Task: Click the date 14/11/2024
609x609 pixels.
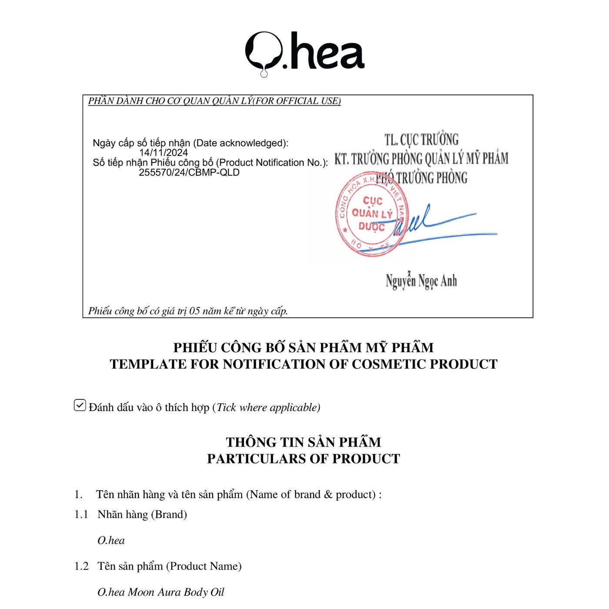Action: click(x=164, y=153)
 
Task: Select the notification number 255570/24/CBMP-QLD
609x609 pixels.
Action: click(x=189, y=172)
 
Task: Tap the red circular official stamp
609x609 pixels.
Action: click(x=371, y=214)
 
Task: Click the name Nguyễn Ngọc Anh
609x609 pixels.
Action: click(x=421, y=281)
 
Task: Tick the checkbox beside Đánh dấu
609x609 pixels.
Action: click(x=80, y=405)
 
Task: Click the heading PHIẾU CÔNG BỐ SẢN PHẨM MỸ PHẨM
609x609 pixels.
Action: click(x=303, y=348)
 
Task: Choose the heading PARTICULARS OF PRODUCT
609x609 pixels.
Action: click(x=303, y=458)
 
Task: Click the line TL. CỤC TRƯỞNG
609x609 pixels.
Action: click(x=421, y=140)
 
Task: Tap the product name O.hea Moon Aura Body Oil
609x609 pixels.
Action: click(x=161, y=592)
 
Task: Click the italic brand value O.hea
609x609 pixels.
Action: click(x=111, y=540)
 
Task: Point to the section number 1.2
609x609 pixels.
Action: click(x=81, y=566)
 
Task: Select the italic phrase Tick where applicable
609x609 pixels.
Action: click(x=268, y=408)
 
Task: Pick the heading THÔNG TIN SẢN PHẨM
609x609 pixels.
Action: click(x=303, y=442)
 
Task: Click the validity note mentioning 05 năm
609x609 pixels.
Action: click(x=188, y=311)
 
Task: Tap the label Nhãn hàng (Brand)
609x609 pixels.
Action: click(x=142, y=514)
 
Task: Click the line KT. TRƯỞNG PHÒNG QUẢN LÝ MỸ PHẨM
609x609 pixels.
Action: click(x=421, y=159)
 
